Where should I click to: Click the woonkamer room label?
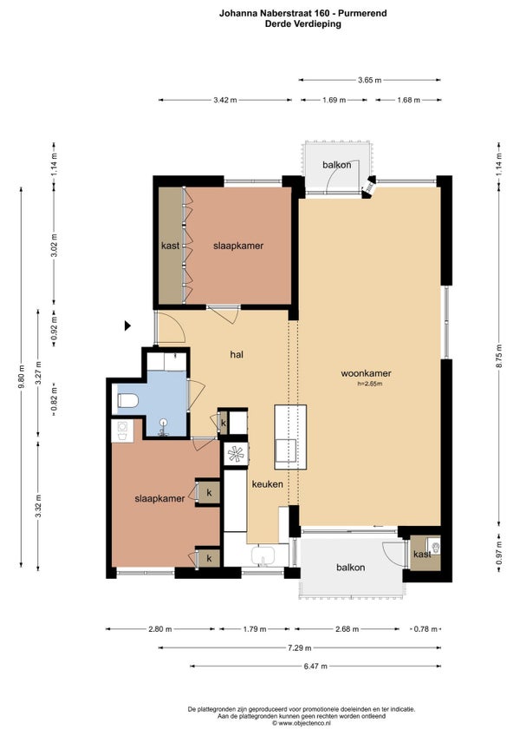tap(366, 373)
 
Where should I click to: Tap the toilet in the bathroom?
tap(127, 401)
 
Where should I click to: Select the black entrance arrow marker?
tap(127, 325)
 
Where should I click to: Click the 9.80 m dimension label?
tap(21, 377)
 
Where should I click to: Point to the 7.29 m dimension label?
tap(300, 647)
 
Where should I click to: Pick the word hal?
tap(237, 355)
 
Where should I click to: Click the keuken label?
tap(267, 484)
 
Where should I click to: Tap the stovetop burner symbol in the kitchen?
tap(237, 453)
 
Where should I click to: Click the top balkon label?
tap(336, 165)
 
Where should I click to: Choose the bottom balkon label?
tap(350, 567)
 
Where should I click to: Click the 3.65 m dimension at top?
tap(370, 80)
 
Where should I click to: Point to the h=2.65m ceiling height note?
tap(370, 384)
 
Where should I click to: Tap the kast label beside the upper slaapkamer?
tap(170, 246)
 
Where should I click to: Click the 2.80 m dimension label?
tap(160, 629)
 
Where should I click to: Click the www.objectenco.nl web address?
tap(305, 723)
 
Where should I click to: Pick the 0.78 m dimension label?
tap(426, 629)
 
